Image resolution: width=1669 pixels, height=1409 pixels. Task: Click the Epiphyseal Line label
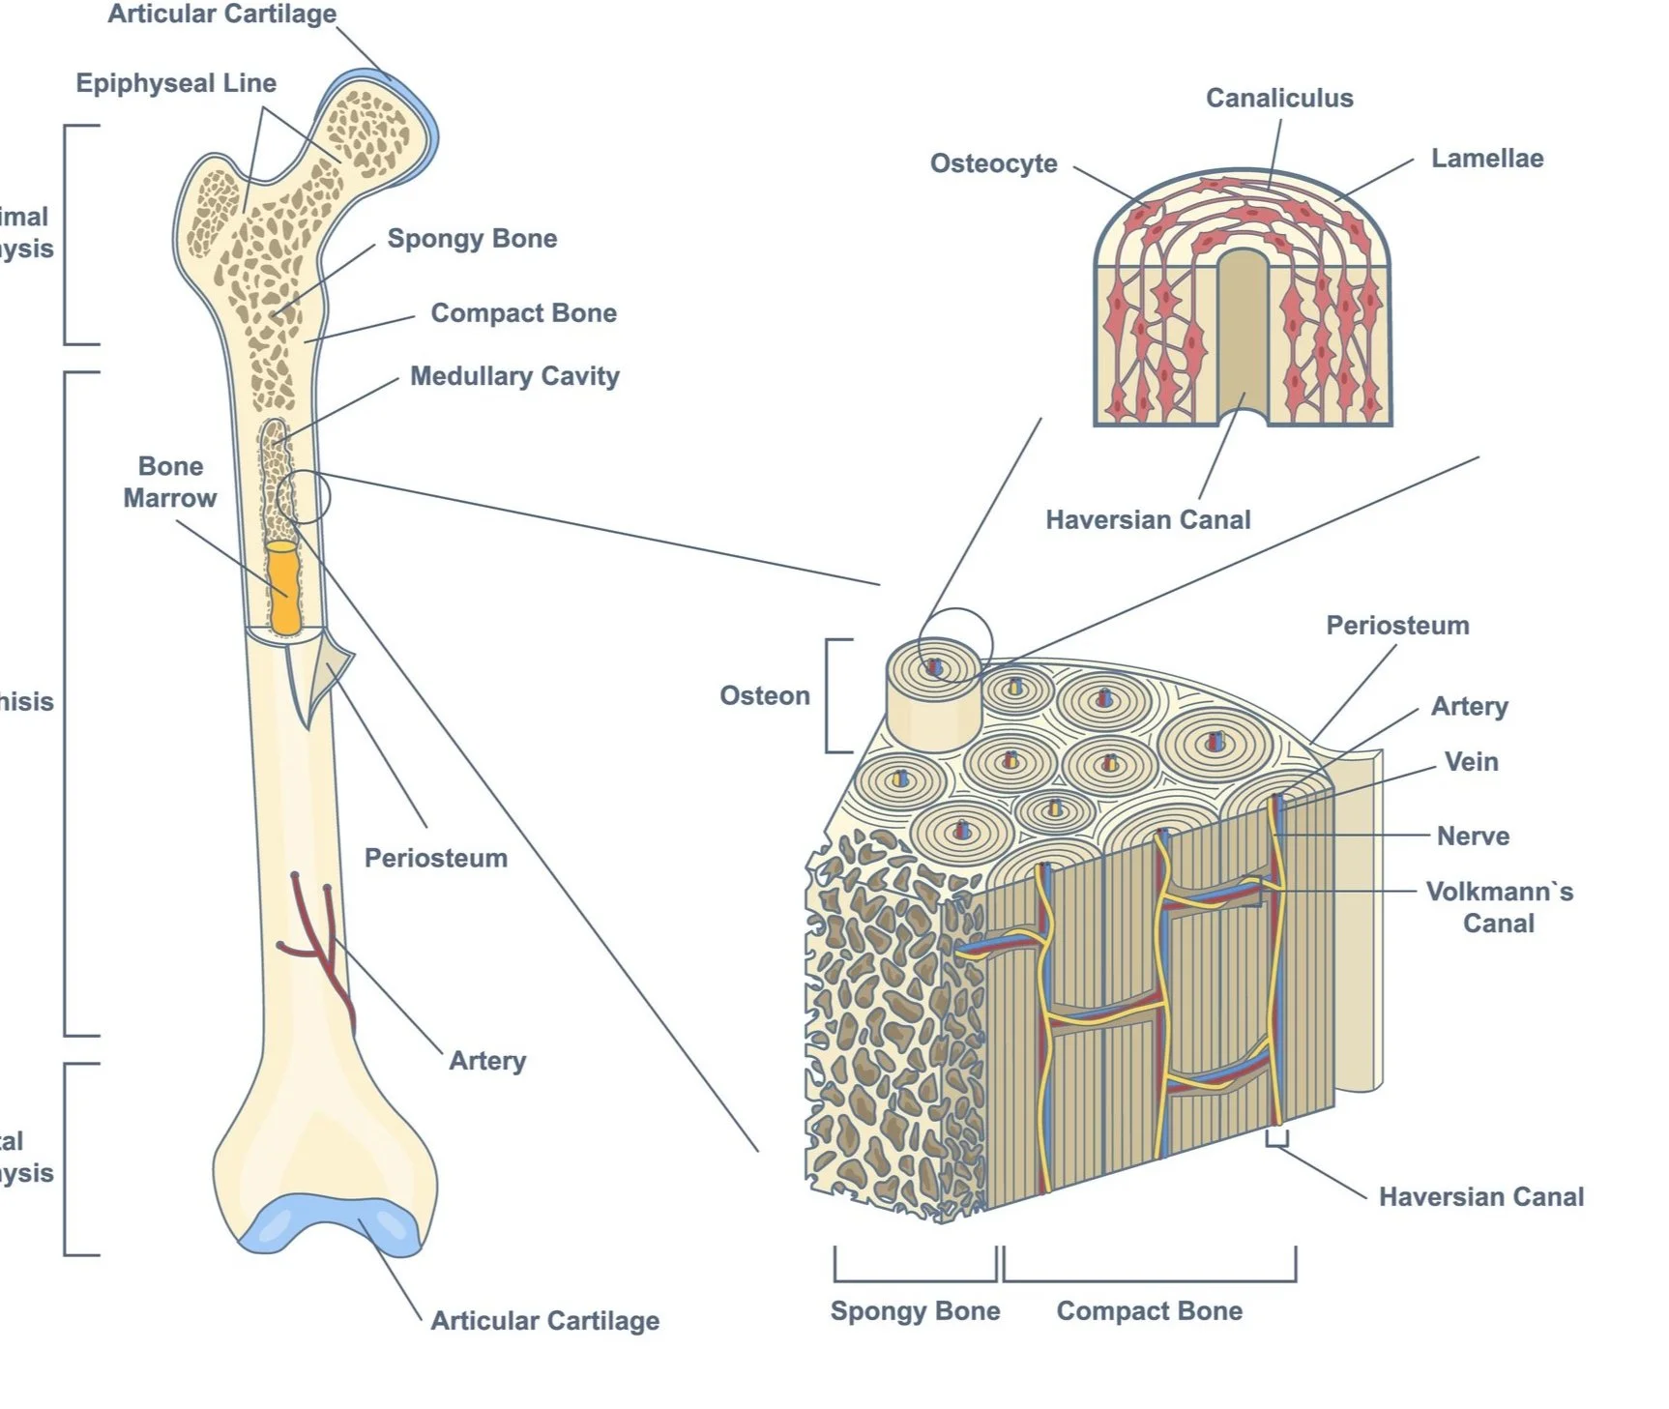[x=176, y=83]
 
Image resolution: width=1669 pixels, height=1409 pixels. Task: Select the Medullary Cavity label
[x=514, y=376]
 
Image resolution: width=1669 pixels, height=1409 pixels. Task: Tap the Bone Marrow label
[x=170, y=482]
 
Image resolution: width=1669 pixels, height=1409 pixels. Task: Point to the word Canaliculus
[x=1278, y=98]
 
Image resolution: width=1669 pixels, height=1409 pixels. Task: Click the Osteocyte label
[x=993, y=163]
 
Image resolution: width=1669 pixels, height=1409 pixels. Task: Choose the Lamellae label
[x=1486, y=159]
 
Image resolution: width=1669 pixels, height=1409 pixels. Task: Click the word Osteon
[x=764, y=695]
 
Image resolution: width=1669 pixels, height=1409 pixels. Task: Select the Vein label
[x=1471, y=762]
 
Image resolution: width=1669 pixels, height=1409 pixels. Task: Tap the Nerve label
[x=1472, y=836]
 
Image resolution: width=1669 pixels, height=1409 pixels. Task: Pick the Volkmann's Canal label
[x=1499, y=907]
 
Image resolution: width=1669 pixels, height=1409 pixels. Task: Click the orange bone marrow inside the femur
[x=284, y=587]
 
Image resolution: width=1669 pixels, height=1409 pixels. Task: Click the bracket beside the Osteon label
[x=832, y=695]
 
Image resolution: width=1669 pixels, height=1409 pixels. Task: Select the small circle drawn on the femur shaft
[x=303, y=497]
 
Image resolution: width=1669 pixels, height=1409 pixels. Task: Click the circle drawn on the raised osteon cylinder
[x=954, y=645]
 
